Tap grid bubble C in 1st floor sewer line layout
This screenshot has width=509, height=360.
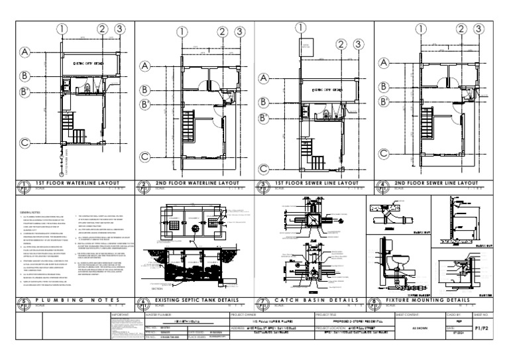click(264, 170)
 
